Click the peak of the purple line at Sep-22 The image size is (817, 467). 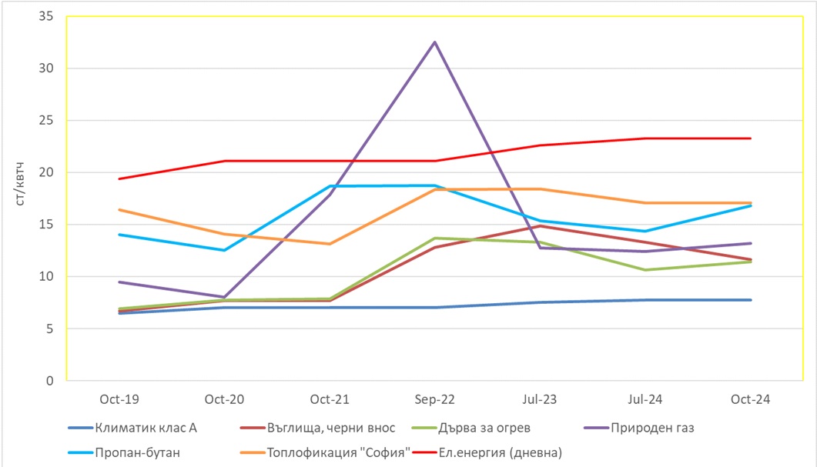pos(435,42)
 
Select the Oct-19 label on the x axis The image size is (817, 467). pos(119,399)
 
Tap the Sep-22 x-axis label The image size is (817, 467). pos(434,399)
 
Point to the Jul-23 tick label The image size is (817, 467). pos(540,399)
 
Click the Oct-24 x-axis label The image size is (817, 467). pos(750,399)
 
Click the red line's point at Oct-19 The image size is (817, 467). pos(119,178)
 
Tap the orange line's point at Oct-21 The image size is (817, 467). pos(330,244)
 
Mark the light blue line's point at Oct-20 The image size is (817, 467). pos(225,250)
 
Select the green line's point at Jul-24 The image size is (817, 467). pos(645,270)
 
